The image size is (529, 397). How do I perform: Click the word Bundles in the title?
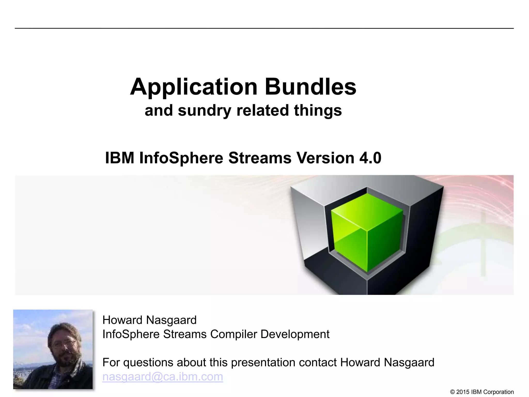click(310, 87)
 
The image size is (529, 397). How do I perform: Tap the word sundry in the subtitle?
click(204, 111)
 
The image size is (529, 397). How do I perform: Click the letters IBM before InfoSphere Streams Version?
click(120, 158)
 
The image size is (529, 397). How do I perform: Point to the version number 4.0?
click(370, 158)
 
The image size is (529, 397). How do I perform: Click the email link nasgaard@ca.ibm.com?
click(163, 377)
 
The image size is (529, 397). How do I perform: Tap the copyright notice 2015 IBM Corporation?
click(482, 392)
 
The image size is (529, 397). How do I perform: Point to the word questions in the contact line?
click(148, 363)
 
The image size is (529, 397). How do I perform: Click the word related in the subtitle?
click(263, 111)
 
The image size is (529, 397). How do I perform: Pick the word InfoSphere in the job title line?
click(131, 334)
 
